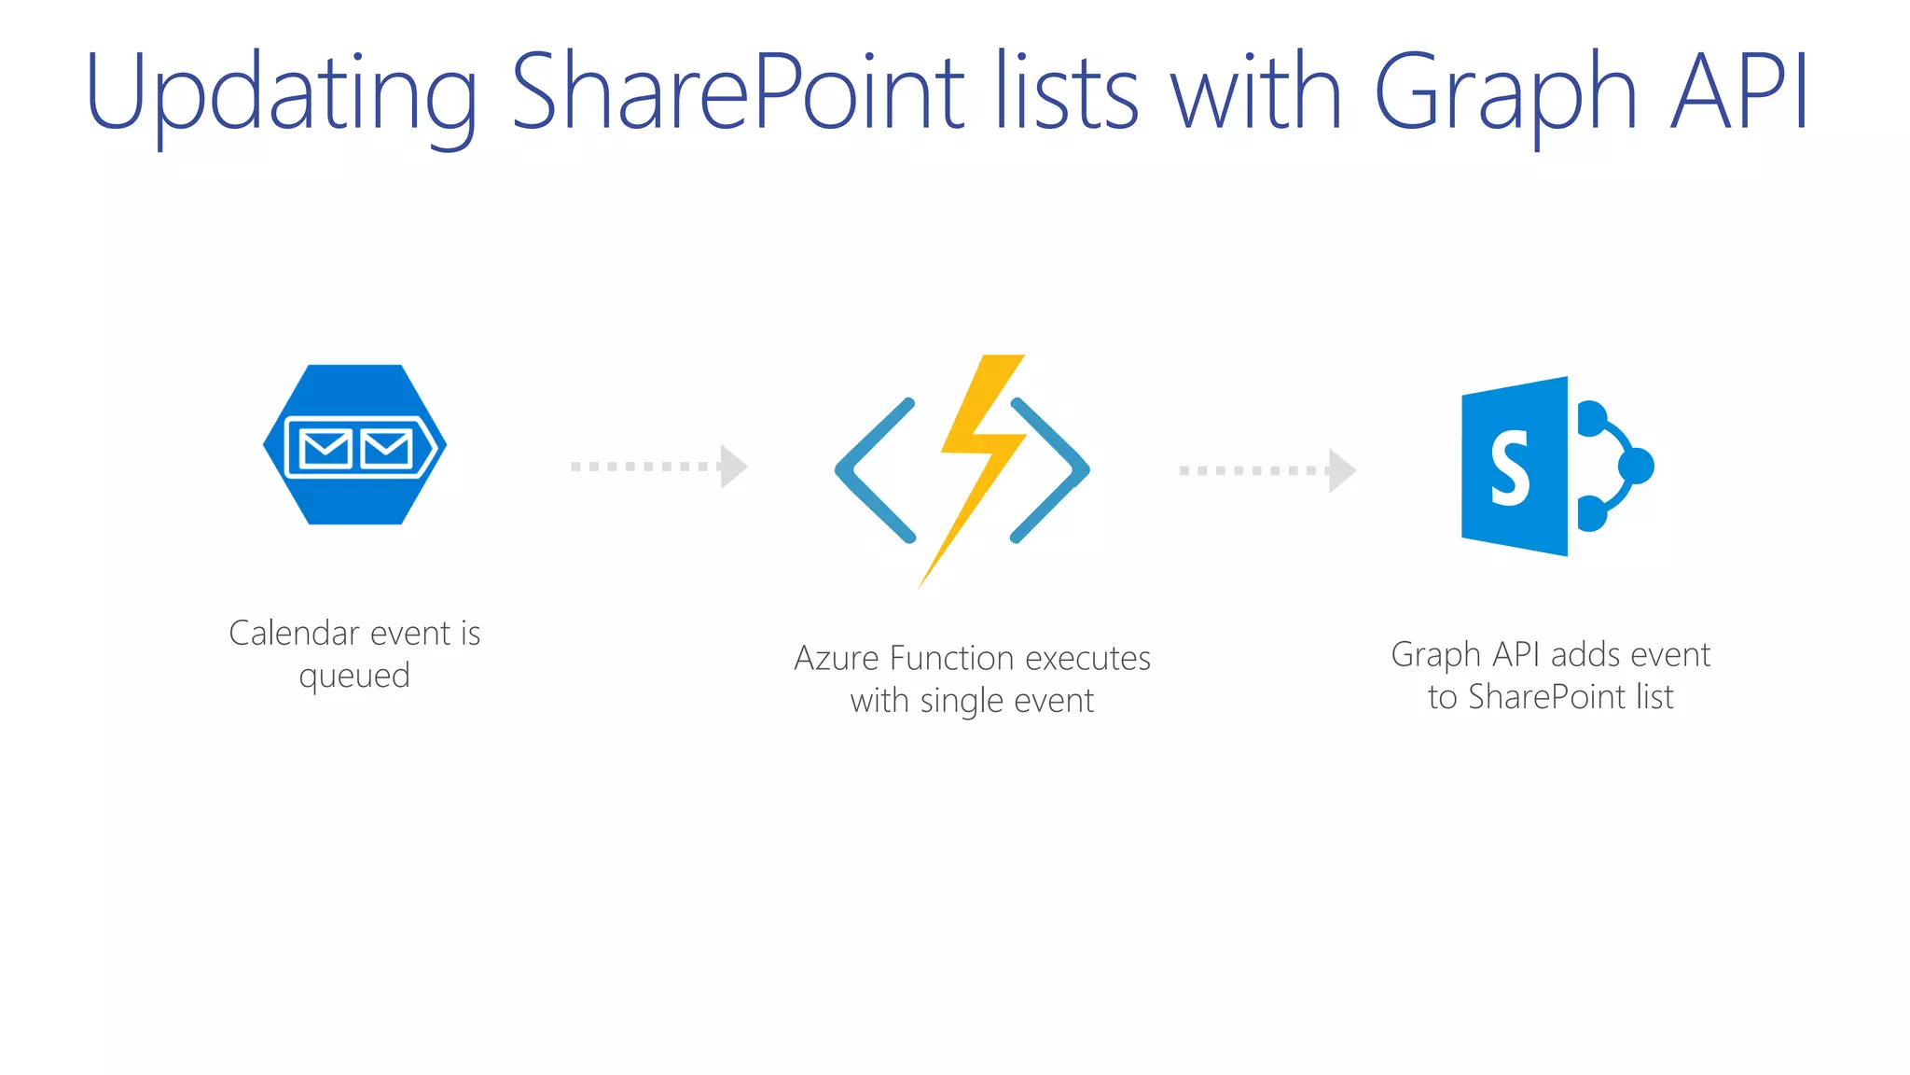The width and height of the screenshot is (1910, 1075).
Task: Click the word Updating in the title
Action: pos(280,93)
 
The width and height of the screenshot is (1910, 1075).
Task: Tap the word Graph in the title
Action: pos(1504,93)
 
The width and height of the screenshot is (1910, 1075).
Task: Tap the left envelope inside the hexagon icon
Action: pos(325,449)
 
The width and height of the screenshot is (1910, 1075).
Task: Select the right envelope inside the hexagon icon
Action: pos(387,449)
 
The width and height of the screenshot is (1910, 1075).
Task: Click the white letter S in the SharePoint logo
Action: pos(1509,468)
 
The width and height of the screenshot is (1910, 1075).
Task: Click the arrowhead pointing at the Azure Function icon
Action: pos(734,466)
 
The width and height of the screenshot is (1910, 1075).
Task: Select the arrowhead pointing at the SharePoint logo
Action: pos(1342,470)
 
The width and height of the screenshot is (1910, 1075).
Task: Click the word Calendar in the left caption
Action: pos(294,634)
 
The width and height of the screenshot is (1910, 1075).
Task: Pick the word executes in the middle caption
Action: pos(1088,659)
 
